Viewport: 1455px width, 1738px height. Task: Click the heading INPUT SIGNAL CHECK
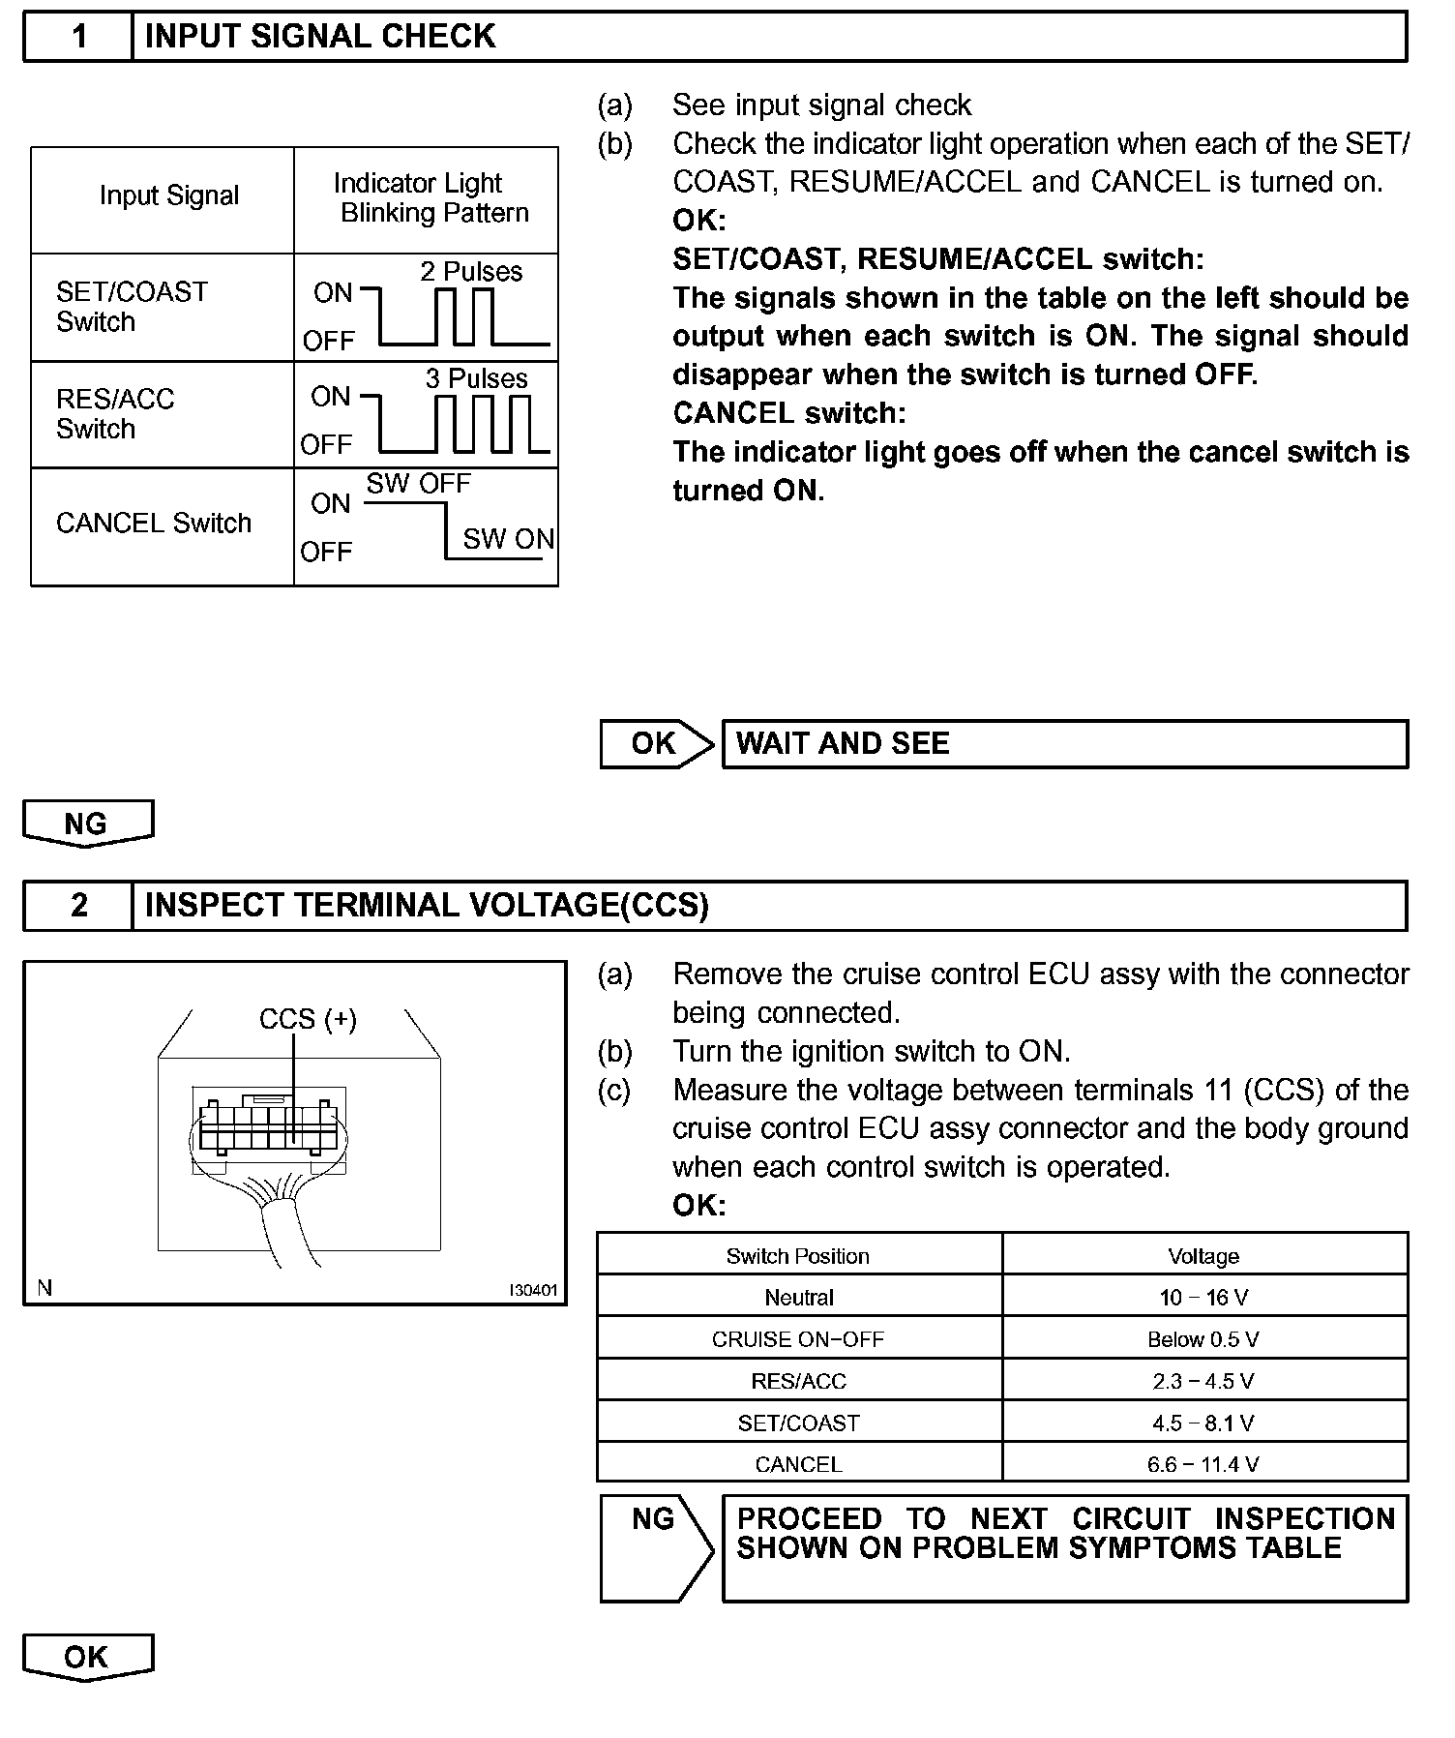point(319,37)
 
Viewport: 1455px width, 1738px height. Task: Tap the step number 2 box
point(78,905)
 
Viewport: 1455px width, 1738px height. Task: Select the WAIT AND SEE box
point(1064,744)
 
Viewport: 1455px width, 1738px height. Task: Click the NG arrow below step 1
point(87,824)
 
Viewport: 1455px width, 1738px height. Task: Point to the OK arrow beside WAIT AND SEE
point(656,744)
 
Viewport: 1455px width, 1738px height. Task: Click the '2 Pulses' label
point(471,272)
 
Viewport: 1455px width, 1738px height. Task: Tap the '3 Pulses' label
point(476,378)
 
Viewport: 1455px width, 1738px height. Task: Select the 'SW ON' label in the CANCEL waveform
point(508,539)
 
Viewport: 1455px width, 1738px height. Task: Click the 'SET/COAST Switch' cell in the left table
point(132,307)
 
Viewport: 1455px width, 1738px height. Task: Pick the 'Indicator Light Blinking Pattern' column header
point(426,198)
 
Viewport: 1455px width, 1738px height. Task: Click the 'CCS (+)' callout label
point(308,1019)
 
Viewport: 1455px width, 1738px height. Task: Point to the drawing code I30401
point(534,1290)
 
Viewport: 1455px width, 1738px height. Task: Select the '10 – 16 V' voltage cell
point(1203,1298)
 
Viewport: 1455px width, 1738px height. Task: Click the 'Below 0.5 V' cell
point(1203,1339)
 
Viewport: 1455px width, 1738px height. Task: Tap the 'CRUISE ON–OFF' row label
point(798,1339)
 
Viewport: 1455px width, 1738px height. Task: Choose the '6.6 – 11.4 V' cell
point(1203,1464)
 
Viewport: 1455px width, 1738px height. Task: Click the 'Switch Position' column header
point(798,1256)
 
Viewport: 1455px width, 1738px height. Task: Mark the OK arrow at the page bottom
point(87,1657)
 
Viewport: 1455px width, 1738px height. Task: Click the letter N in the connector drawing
point(45,1288)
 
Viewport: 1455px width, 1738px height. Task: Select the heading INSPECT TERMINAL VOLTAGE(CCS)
point(427,905)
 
